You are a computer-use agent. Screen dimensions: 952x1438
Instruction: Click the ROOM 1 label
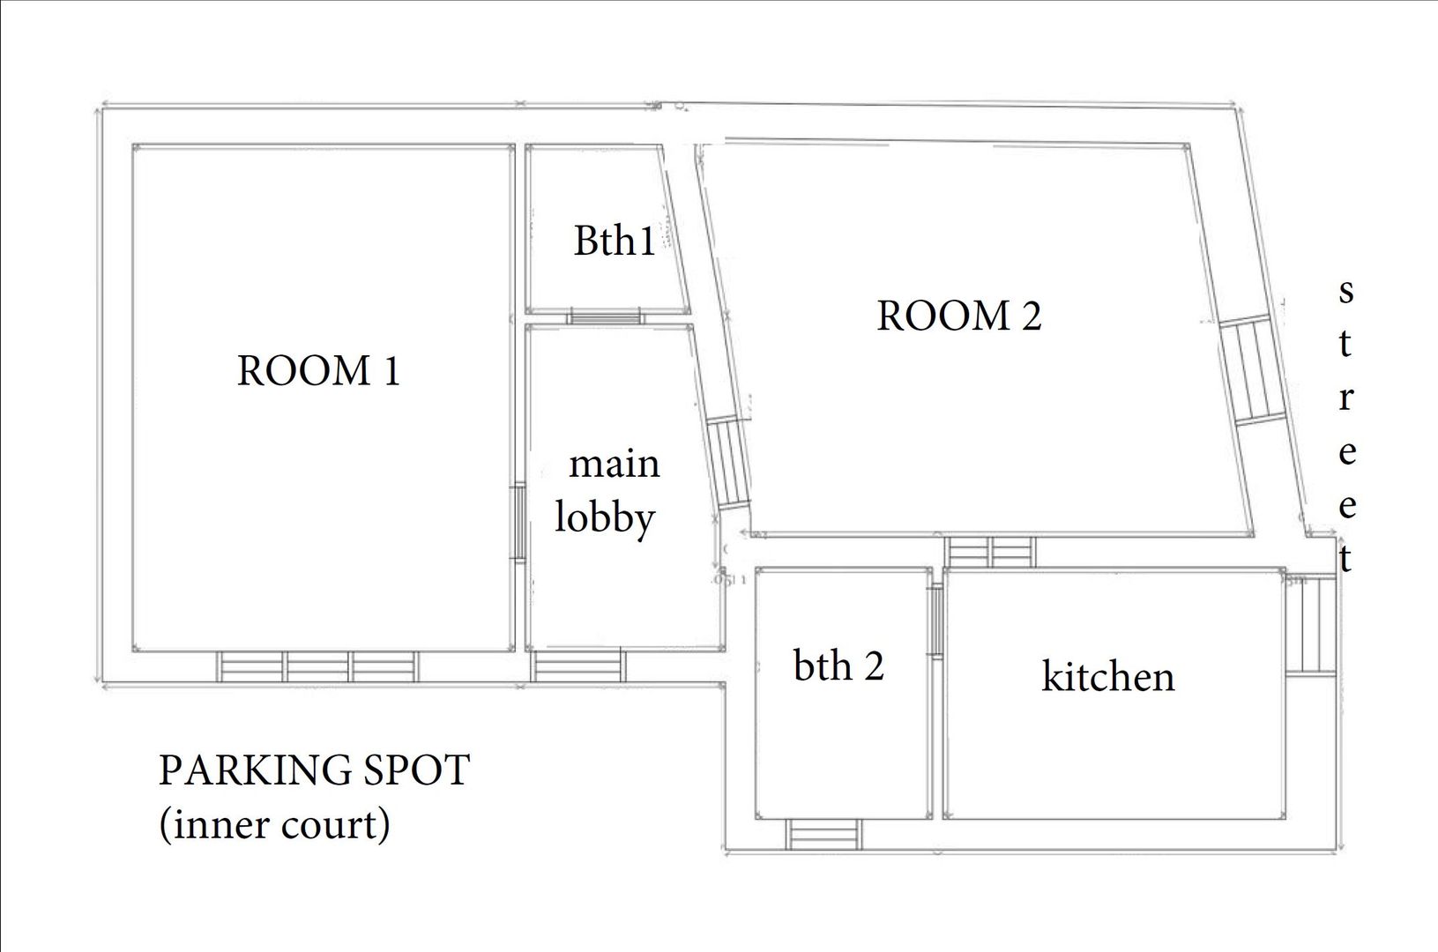pyautogui.click(x=318, y=371)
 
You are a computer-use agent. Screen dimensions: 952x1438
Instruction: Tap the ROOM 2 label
pyautogui.click(x=958, y=316)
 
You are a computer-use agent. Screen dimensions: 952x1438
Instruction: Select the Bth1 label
pyautogui.click(x=615, y=240)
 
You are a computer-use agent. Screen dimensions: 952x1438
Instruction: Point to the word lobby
pyautogui.click(x=605, y=518)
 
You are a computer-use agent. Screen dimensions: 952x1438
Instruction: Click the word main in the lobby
pyautogui.click(x=614, y=464)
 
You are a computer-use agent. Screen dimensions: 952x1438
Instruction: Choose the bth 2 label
pyautogui.click(x=838, y=666)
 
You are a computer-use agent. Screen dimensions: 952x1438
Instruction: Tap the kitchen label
pyautogui.click(x=1107, y=677)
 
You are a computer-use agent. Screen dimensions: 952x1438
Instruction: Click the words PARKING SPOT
pyautogui.click(x=313, y=770)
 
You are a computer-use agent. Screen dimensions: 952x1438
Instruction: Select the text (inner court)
pyautogui.click(x=274, y=825)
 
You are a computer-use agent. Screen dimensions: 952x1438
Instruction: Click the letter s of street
pyautogui.click(x=1345, y=291)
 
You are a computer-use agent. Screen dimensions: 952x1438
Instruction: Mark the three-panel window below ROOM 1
pyautogui.click(x=318, y=666)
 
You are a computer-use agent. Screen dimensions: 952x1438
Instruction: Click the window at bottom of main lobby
pyautogui.click(x=577, y=666)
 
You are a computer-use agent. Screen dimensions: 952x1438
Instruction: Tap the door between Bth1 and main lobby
pyautogui.click(x=604, y=316)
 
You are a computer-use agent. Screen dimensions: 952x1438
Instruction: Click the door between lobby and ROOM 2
pyautogui.click(x=729, y=463)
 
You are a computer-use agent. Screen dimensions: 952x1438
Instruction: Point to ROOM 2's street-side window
pyautogui.click(x=1253, y=370)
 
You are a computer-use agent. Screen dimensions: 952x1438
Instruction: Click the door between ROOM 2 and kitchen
pyautogui.click(x=990, y=553)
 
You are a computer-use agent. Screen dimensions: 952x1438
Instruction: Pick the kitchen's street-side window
pyautogui.click(x=1311, y=624)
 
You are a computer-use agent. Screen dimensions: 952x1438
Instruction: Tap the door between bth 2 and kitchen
pyautogui.click(x=935, y=621)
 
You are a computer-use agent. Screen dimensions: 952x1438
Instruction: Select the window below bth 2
pyautogui.click(x=823, y=833)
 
